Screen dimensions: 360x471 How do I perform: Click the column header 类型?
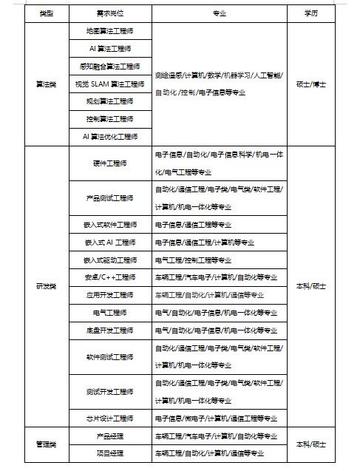[x=46, y=14]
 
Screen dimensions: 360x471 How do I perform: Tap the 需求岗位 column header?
[x=109, y=14]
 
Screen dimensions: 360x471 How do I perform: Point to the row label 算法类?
[x=46, y=84]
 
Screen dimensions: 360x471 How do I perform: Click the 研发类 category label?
[x=46, y=285]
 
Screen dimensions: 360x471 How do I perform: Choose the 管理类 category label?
[x=46, y=444]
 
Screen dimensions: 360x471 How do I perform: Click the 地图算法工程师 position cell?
[x=109, y=31]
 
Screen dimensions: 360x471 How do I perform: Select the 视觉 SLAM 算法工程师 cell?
[x=109, y=84]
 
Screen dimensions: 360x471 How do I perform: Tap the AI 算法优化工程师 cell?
[x=109, y=136]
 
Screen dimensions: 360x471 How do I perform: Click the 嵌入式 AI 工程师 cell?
[x=109, y=242]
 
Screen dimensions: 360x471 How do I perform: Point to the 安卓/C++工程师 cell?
[x=109, y=277]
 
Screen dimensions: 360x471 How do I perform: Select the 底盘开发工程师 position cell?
[x=109, y=330]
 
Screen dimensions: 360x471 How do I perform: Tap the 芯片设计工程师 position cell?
[x=109, y=418]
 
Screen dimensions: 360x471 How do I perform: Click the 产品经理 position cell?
[x=109, y=436]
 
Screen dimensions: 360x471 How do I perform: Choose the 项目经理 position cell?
[x=109, y=453]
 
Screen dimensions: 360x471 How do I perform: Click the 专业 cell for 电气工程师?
[x=216, y=312]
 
